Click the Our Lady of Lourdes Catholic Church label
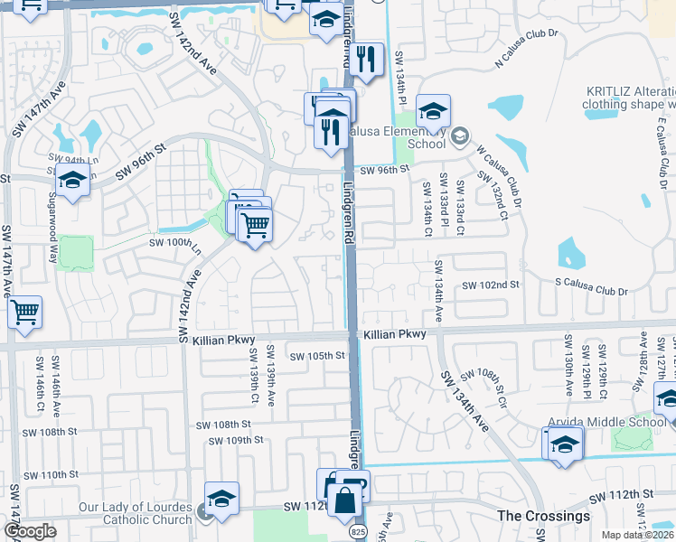coord(134,512)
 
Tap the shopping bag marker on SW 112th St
coord(344,499)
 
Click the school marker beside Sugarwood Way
coord(72,180)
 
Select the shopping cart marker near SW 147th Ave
coord(24,313)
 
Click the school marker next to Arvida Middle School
coord(564,444)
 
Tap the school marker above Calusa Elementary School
coord(433,112)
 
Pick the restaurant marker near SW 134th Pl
coord(363,61)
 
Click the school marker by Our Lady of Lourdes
coord(221,499)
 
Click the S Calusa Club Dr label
coord(590,291)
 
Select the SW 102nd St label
coord(492,285)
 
